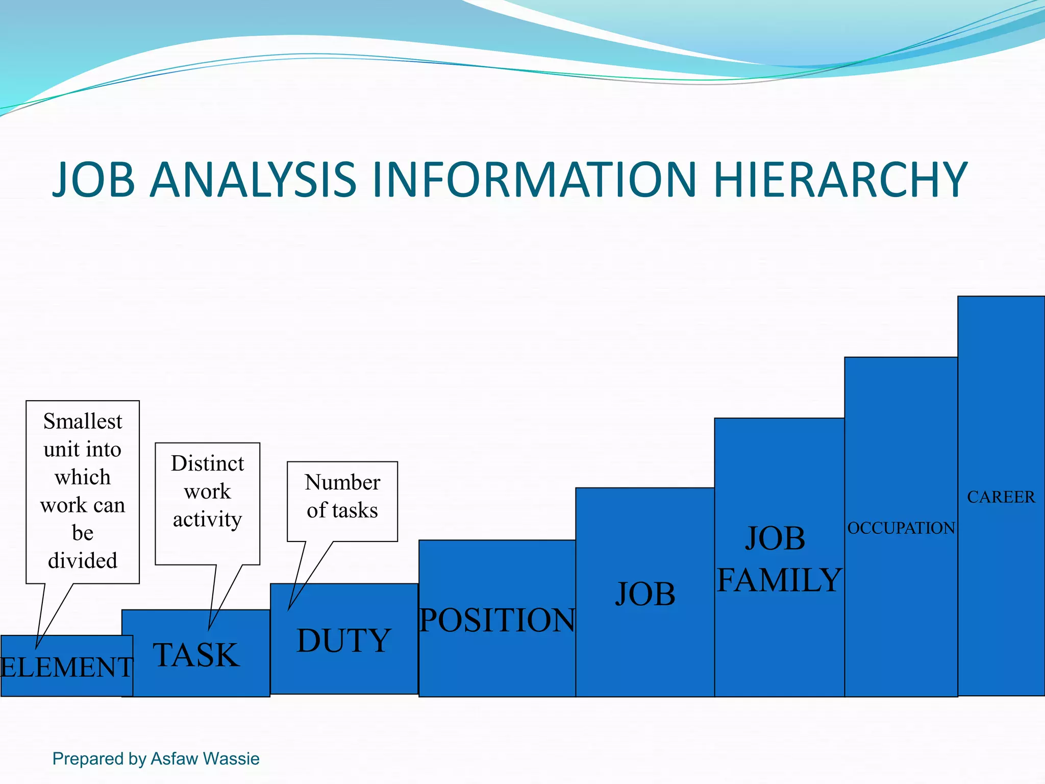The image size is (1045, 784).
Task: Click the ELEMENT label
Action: pyautogui.click(x=67, y=667)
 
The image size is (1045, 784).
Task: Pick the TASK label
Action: pyautogui.click(x=196, y=655)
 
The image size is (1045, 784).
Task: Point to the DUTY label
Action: pyautogui.click(x=344, y=641)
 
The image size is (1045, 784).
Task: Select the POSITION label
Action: pyautogui.click(x=497, y=620)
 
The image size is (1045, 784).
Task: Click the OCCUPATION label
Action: pyautogui.click(x=901, y=528)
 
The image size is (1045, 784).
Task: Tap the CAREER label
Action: pyautogui.click(x=1001, y=497)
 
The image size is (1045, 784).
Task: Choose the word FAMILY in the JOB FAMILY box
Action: pyautogui.click(x=779, y=580)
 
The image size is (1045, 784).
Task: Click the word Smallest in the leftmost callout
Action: pyautogui.click(x=83, y=422)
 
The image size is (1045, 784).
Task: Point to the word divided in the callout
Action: pyautogui.click(x=83, y=560)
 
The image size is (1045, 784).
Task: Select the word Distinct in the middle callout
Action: pyautogui.click(x=207, y=463)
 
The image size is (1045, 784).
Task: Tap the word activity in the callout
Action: pyautogui.click(x=207, y=520)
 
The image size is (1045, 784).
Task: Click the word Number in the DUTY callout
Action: pyautogui.click(x=342, y=482)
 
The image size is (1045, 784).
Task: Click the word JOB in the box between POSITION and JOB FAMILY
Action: pyautogui.click(x=645, y=594)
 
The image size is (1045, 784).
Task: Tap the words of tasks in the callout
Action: pyautogui.click(x=342, y=510)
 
